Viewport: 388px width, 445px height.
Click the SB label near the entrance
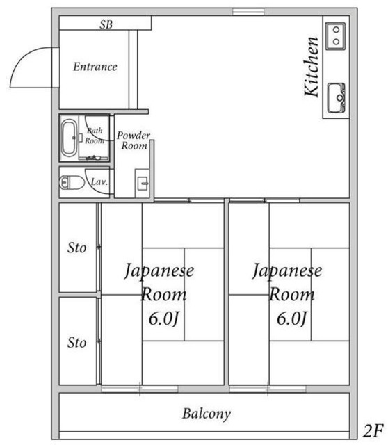(x=106, y=24)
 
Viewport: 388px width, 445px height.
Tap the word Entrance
(x=95, y=67)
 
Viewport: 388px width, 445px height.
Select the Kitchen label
(x=312, y=67)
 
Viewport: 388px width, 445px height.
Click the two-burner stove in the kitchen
(x=335, y=35)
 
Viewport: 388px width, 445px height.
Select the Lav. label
(x=99, y=182)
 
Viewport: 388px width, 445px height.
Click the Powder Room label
(x=134, y=140)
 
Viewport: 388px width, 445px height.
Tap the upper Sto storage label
(x=77, y=248)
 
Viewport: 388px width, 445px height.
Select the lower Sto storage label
(x=77, y=343)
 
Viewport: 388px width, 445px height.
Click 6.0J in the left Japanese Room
(x=164, y=319)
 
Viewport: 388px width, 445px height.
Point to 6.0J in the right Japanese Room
(x=291, y=319)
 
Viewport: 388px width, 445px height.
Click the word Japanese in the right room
(x=287, y=270)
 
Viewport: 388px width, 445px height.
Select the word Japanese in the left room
(x=159, y=270)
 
